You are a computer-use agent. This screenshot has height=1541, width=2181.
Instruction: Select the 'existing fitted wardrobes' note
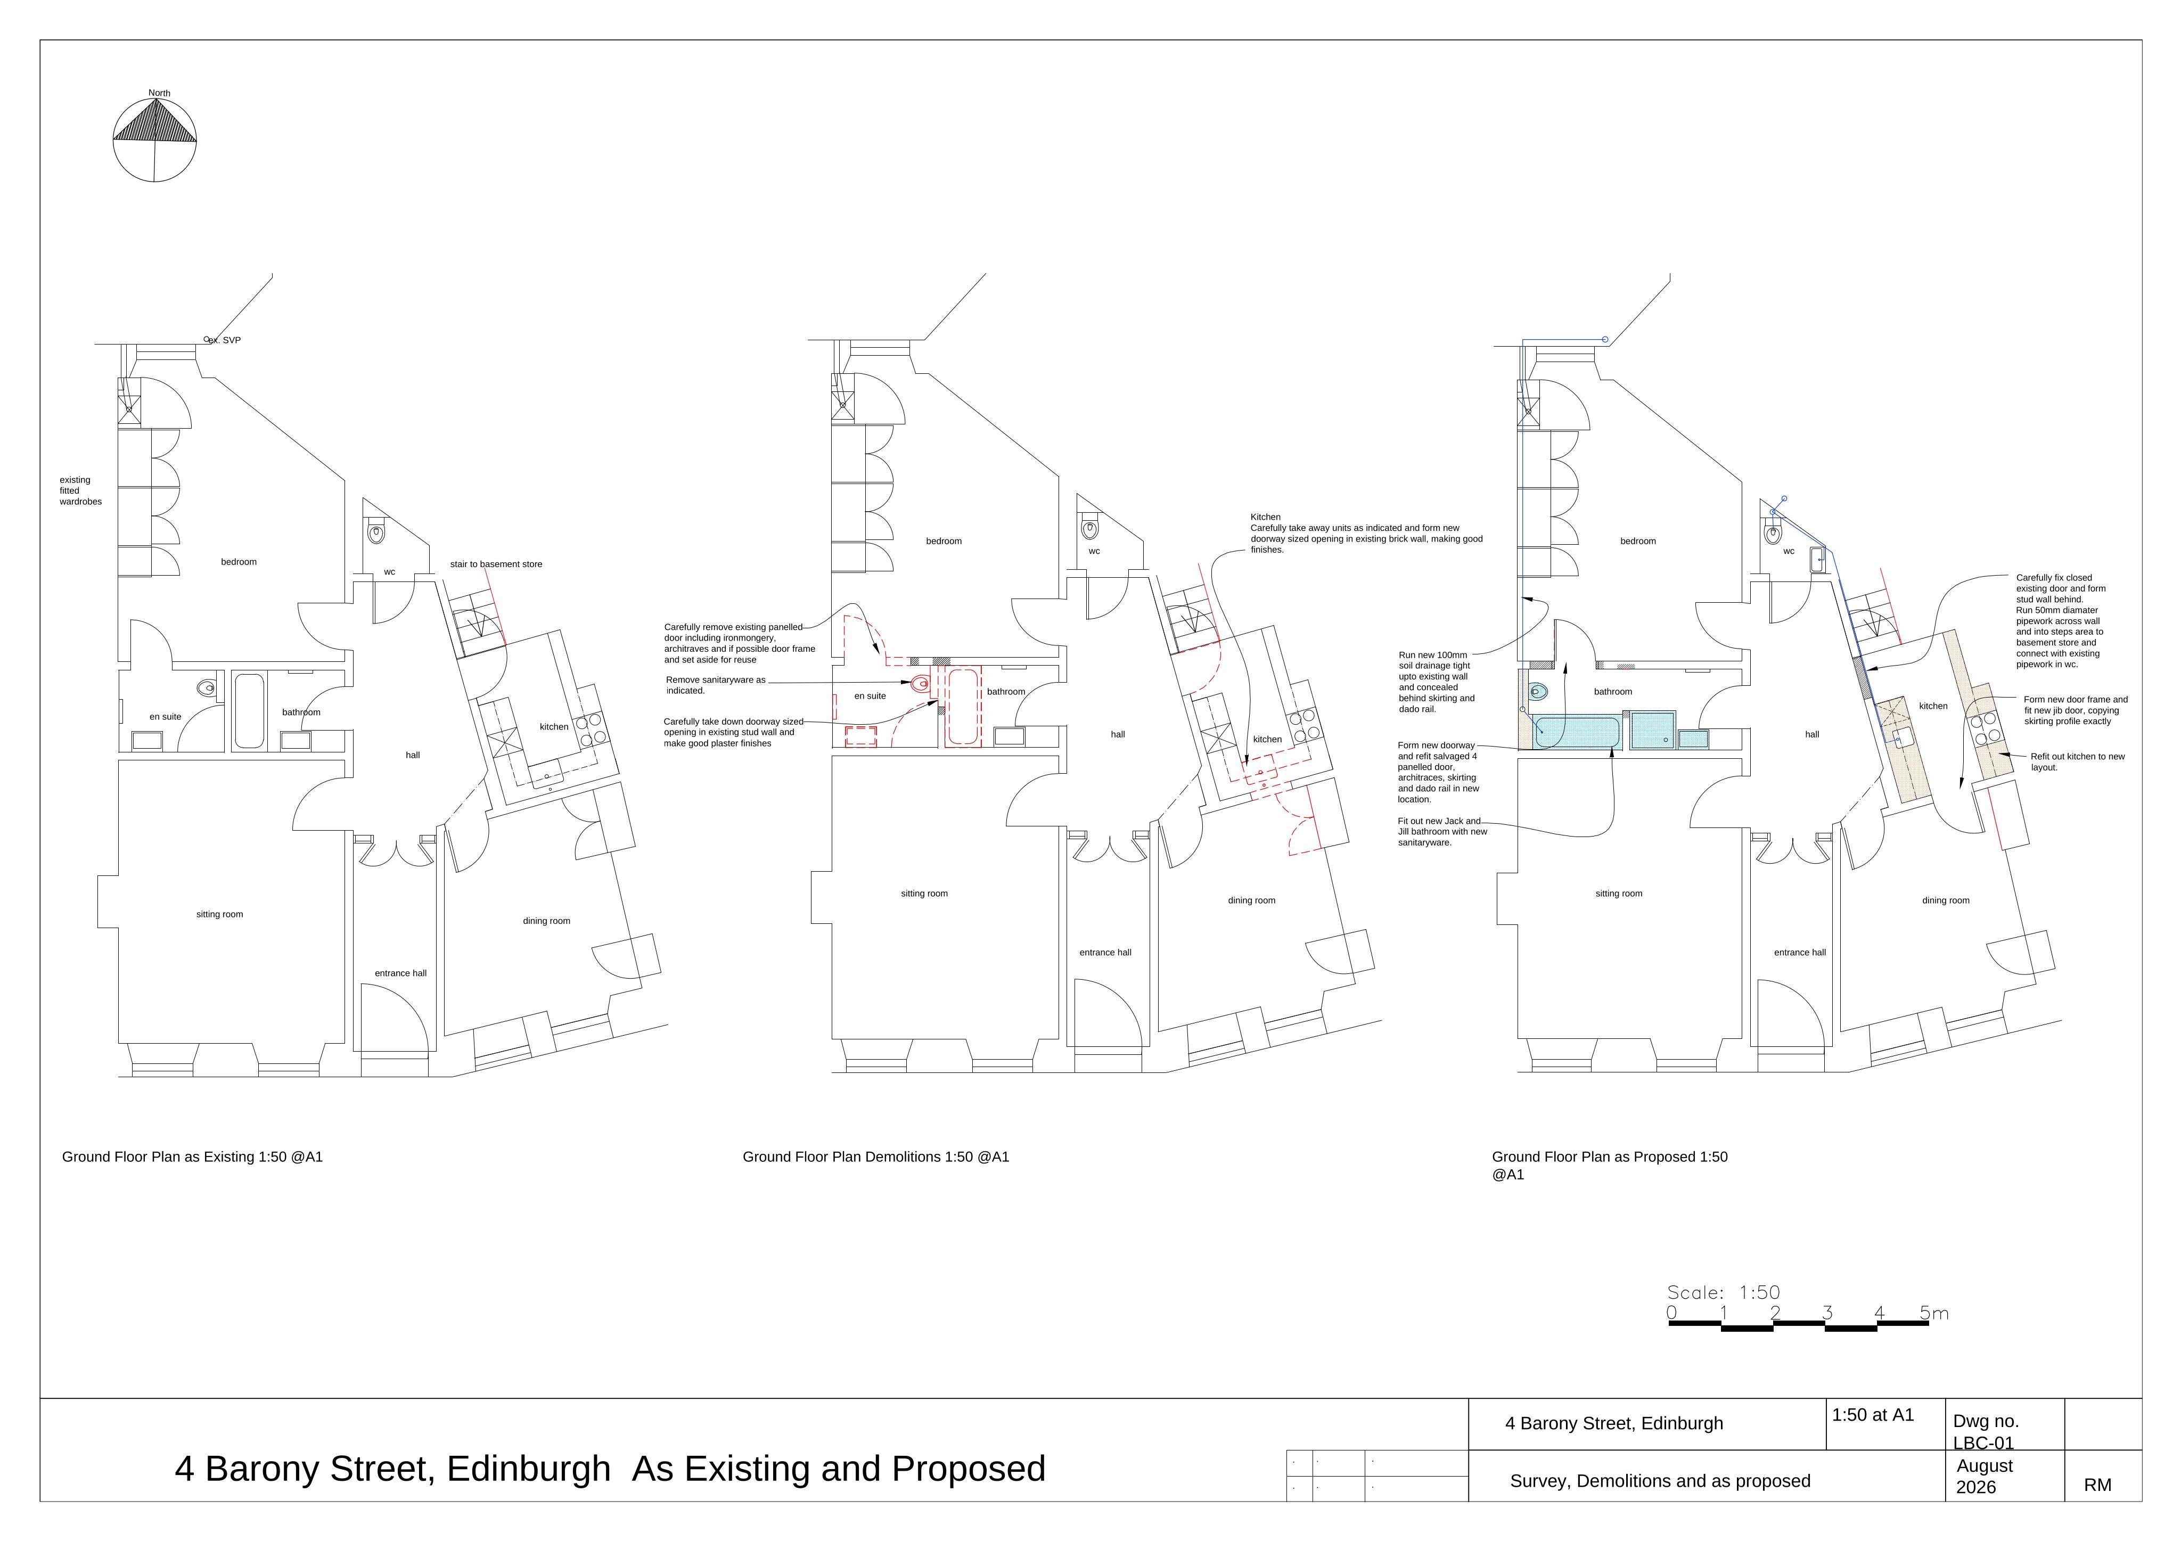point(81,490)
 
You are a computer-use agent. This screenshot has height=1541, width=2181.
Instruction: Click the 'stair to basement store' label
point(496,564)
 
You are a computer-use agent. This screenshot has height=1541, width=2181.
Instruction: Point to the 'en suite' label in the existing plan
point(165,717)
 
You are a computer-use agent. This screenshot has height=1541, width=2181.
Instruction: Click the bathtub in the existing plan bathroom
point(249,711)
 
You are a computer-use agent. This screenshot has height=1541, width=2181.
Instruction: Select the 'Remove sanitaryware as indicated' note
point(715,685)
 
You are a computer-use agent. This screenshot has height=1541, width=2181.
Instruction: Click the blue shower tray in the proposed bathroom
point(1654,729)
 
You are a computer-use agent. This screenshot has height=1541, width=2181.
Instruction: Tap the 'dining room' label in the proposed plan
point(1946,900)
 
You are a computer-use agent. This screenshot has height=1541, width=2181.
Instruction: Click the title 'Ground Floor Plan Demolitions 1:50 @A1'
point(876,1157)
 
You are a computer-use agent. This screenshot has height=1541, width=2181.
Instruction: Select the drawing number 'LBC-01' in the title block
point(1983,1443)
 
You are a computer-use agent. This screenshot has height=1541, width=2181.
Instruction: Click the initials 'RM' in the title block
point(2097,1485)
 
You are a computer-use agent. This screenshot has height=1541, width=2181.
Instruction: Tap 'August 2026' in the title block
point(1985,1477)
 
